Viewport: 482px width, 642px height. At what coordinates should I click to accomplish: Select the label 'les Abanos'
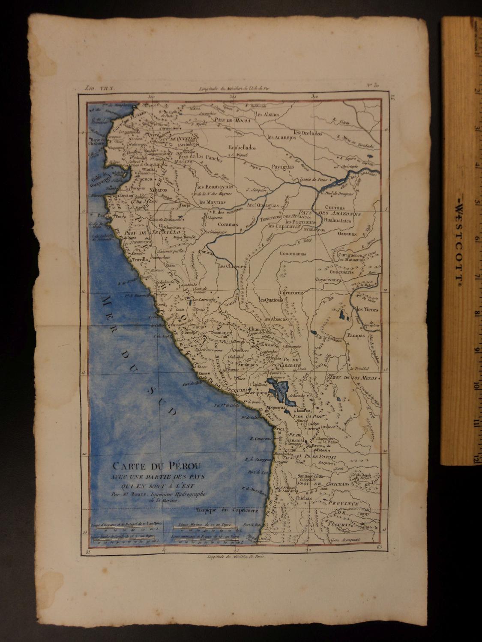point(267,115)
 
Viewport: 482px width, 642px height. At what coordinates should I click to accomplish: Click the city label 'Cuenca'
point(145,180)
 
